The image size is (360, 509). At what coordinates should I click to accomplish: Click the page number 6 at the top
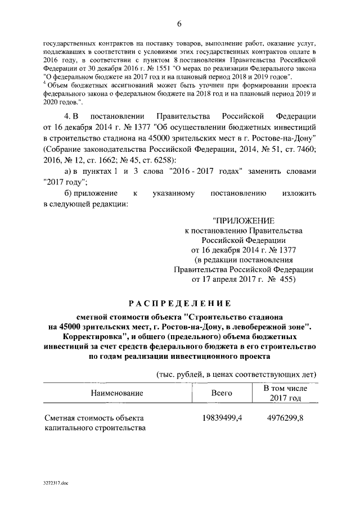[180, 23]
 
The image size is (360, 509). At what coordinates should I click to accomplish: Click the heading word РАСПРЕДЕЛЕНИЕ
[180, 304]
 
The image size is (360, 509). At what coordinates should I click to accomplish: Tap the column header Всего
[222, 393]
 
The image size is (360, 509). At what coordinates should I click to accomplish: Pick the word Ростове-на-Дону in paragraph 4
[285, 138]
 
